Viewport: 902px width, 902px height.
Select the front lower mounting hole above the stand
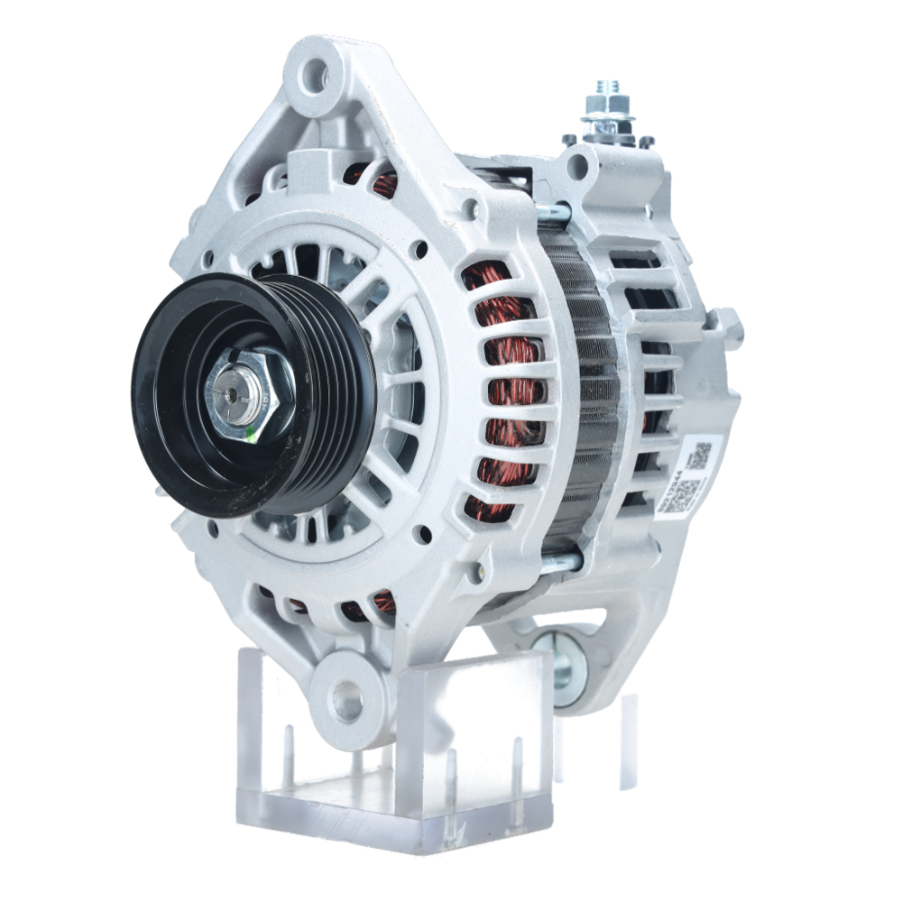point(346,696)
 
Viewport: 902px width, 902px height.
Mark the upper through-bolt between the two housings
point(557,214)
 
